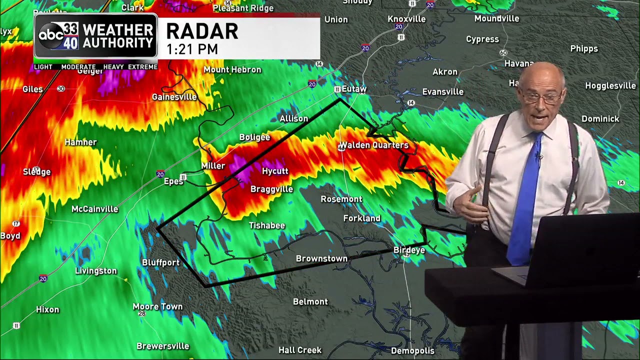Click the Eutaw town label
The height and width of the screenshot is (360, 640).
(x=354, y=89)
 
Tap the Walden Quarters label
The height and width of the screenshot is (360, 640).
(x=374, y=145)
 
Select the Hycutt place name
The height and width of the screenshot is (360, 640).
(x=275, y=171)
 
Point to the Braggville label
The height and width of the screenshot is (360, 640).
(x=271, y=189)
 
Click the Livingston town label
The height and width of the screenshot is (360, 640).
(x=96, y=271)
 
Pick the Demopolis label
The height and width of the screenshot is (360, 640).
(x=412, y=351)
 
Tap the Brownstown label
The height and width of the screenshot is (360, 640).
(x=321, y=259)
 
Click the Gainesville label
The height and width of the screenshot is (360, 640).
(x=174, y=97)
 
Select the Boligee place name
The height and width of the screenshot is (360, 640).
(x=254, y=137)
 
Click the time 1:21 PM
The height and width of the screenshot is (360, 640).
(x=192, y=49)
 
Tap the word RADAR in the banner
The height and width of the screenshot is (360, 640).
(x=202, y=31)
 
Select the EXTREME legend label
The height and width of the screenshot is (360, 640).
(x=142, y=67)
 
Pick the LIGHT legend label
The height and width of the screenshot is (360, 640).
(x=43, y=67)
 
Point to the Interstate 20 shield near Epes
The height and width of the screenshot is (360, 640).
(x=160, y=174)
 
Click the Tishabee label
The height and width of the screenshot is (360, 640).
(x=267, y=226)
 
